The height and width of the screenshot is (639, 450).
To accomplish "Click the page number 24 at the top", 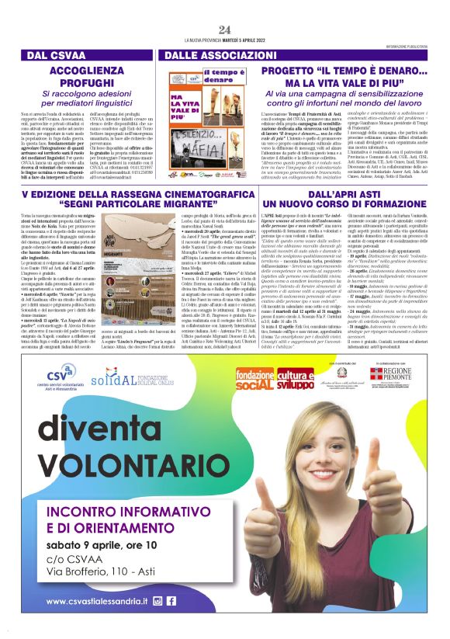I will [x=225, y=30].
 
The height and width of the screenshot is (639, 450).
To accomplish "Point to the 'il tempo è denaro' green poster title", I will [x=201, y=76].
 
